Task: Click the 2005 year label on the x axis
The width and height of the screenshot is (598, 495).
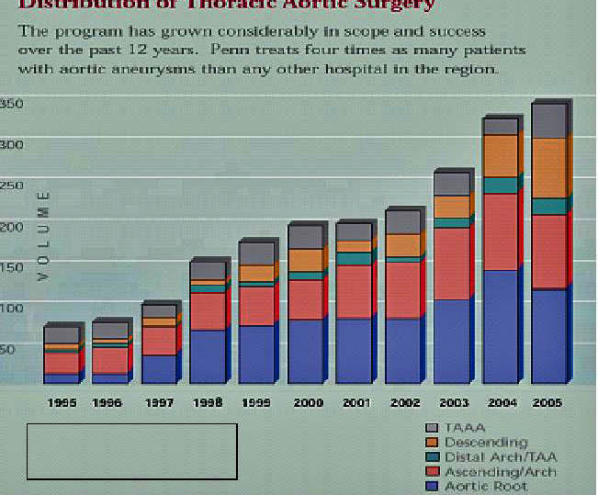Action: pos(547,402)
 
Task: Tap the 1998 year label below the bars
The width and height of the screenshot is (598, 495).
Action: pos(208,402)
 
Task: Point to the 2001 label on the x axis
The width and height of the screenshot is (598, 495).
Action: pos(355,402)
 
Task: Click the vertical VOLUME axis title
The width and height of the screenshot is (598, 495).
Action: pos(42,235)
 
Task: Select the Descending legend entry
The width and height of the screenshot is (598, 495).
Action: pos(485,443)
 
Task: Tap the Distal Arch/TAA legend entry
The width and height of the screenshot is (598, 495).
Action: pos(500,457)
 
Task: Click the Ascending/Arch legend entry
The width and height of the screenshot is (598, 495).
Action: pos(500,472)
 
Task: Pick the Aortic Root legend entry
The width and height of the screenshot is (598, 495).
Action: pos(485,486)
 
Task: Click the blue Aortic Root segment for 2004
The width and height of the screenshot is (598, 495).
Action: pos(500,326)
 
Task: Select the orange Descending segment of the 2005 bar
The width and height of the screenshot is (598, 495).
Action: pos(548,167)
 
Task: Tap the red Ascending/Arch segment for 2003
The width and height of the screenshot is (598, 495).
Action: pos(451,263)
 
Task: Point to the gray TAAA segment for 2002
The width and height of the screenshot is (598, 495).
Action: pos(402,221)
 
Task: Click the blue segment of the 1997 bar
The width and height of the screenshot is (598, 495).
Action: pos(158,368)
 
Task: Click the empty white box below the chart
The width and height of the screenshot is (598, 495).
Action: pos(131,451)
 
